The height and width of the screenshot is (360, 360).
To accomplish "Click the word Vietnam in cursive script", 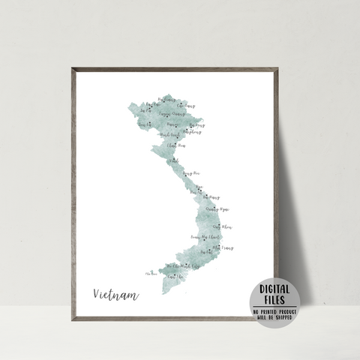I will [x=116, y=294].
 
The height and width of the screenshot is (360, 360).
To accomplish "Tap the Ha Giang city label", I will [x=152, y=103].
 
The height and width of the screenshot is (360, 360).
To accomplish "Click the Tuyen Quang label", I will [x=172, y=115].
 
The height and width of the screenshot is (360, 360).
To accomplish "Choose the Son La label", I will [x=145, y=125].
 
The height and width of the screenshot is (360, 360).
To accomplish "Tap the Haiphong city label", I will [x=191, y=131].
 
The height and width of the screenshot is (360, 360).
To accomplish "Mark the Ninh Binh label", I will [x=169, y=136].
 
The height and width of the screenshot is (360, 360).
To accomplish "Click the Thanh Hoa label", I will [x=176, y=145].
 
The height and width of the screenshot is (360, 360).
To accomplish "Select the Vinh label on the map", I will [x=174, y=160].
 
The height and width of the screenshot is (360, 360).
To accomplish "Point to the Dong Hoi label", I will [x=191, y=173].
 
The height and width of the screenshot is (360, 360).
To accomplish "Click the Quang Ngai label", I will [x=217, y=209].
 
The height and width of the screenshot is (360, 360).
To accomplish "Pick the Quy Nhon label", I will [x=222, y=226].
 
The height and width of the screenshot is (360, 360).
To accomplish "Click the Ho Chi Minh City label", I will [x=183, y=266].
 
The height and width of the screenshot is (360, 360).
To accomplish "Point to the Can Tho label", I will [x=175, y=277].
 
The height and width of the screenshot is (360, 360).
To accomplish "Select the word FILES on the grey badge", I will [x=274, y=301].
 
